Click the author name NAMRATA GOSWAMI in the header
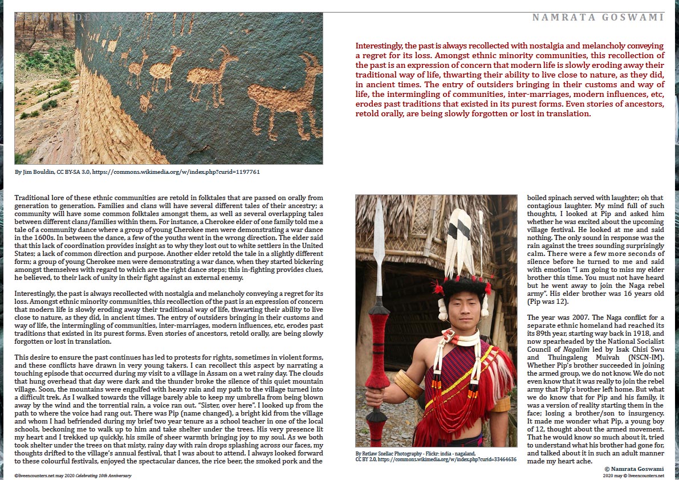pos(598,18)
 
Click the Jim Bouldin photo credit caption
pos(137,171)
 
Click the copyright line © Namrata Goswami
pos(635,468)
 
